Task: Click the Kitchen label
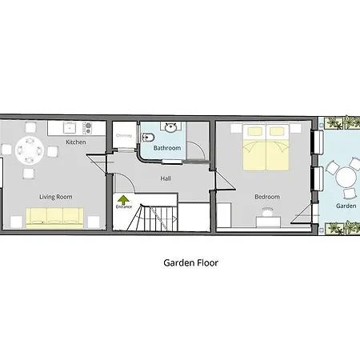point(76,142)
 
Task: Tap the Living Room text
point(56,197)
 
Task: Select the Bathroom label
point(167,148)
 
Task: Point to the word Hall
point(166,178)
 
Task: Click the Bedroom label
point(267,197)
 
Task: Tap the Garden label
point(346,206)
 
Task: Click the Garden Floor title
point(191,263)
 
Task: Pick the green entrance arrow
point(123,199)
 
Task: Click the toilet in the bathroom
point(147,138)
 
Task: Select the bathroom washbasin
point(170,127)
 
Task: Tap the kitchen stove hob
point(87,128)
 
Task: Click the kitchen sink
point(70,128)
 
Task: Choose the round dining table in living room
point(30,150)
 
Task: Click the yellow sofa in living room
point(54,218)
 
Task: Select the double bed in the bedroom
point(266,147)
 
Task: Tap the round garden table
point(346,178)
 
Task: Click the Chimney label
point(124,135)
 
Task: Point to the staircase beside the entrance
point(151,218)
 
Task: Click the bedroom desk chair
point(268,212)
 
